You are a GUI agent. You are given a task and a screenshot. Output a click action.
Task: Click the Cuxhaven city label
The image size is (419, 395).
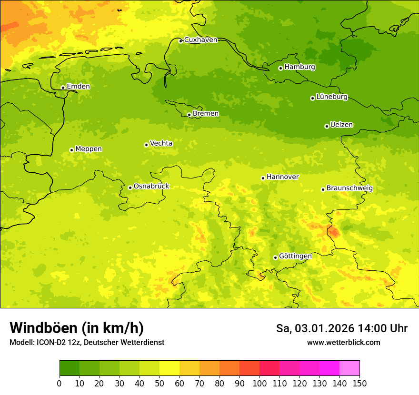200,40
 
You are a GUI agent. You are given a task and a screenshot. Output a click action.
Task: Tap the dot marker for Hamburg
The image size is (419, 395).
280,68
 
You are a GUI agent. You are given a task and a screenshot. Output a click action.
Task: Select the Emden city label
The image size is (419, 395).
78,87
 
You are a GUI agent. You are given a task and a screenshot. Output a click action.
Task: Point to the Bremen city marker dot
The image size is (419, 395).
189,115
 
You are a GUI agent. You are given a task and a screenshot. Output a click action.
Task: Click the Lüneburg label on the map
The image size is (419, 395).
331,97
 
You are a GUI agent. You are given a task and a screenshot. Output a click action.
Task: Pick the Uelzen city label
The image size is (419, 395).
341,125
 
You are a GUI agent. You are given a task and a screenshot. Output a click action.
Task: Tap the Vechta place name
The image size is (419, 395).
161,143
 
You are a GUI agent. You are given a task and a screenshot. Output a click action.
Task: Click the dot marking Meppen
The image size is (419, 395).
71,150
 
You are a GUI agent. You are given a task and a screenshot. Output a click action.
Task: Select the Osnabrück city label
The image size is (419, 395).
151,187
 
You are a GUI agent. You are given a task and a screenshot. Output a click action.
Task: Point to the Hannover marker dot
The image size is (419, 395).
263,178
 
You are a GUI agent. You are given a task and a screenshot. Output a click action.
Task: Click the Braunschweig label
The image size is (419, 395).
349,188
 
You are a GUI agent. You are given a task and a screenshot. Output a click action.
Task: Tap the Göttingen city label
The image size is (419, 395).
295,257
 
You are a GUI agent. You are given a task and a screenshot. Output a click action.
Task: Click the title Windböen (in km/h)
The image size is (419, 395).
76,328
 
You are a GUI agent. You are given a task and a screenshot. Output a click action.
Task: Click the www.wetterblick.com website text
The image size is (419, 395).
343,343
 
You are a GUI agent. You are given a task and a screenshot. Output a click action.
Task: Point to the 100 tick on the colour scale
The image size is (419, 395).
259,383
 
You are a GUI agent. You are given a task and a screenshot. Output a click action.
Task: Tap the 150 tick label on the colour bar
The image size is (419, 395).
359,383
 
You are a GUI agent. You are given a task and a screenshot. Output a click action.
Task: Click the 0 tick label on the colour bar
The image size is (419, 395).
60,383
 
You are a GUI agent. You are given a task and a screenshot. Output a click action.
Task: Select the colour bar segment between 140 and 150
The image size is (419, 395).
349,368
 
